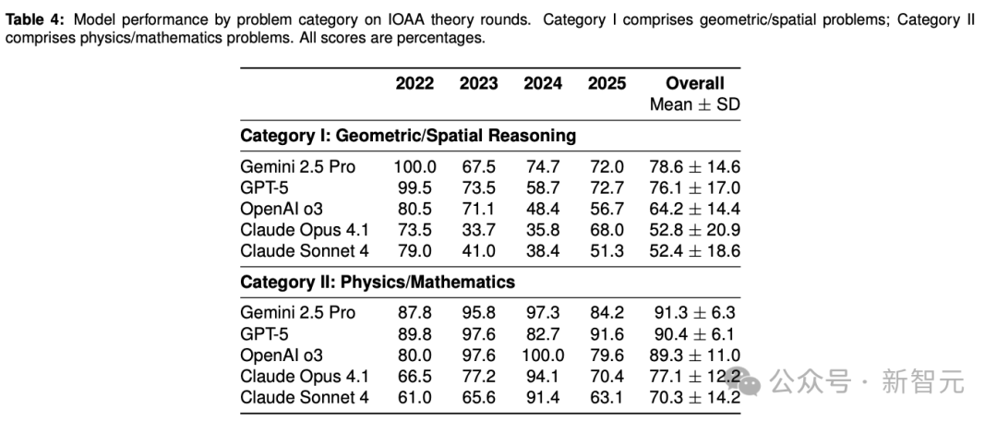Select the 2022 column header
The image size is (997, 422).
click(414, 83)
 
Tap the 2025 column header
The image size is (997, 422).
click(607, 83)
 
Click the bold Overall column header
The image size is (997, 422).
click(695, 83)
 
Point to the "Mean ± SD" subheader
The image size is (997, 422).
click(695, 104)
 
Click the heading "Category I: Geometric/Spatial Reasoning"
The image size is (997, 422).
click(408, 136)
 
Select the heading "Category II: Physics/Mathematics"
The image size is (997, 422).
click(378, 281)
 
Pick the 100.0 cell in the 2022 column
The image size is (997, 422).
click(414, 167)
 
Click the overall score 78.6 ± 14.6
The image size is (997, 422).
click(695, 167)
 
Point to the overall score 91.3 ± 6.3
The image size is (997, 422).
click(695, 312)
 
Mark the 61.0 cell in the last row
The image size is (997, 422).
click(414, 397)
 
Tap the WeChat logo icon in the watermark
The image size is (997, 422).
click(746, 380)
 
